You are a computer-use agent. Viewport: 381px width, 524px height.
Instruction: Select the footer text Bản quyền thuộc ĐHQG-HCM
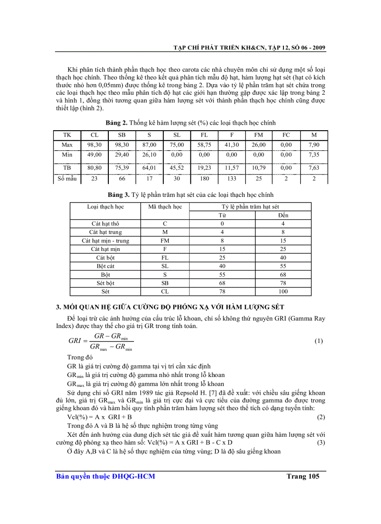(x=106, y=476)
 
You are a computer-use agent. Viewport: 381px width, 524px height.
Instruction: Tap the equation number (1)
(x=318, y=341)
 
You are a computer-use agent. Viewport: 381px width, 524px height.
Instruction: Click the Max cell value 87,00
(x=149, y=145)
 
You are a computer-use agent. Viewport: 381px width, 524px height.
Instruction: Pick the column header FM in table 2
(x=259, y=134)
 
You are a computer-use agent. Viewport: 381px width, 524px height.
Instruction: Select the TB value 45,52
(x=176, y=167)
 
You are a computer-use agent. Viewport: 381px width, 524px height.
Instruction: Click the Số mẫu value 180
(x=204, y=178)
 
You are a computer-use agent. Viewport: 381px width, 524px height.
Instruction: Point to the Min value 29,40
(x=122, y=154)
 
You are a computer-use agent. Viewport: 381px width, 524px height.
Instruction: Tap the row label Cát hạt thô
(x=106, y=224)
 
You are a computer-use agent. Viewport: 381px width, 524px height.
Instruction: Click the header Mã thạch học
(x=165, y=206)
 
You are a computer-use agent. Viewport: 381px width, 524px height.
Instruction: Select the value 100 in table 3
(x=283, y=292)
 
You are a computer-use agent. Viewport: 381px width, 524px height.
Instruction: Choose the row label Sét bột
(x=106, y=283)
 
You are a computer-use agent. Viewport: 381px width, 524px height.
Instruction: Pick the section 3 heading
(x=173, y=307)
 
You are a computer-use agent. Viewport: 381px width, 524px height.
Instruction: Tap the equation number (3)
(x=321, y=442)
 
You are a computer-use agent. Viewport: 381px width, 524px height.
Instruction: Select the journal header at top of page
(x=249, y=48)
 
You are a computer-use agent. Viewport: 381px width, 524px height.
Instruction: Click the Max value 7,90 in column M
(x=314, y=145)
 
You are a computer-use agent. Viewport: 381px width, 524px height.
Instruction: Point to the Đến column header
(x=283, y=215)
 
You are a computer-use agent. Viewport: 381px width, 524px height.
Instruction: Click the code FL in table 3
(x=165, y=258)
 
